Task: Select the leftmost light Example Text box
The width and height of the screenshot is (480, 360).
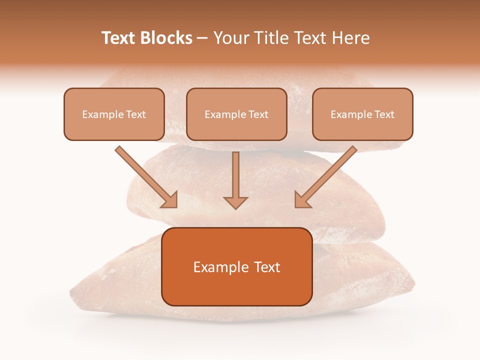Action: pos(114,114)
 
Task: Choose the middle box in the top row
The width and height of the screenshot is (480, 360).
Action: pos(236,114)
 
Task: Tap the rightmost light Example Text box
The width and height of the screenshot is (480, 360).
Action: pos(362,114)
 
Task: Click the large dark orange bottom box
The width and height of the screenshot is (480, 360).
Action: pos(236,266)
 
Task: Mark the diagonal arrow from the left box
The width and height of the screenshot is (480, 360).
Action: pos(146,176)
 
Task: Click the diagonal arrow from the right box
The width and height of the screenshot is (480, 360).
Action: pos(326,176)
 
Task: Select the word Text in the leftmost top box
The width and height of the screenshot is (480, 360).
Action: pos(136,114)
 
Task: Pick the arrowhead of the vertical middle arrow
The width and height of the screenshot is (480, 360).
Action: pos(235,202)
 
